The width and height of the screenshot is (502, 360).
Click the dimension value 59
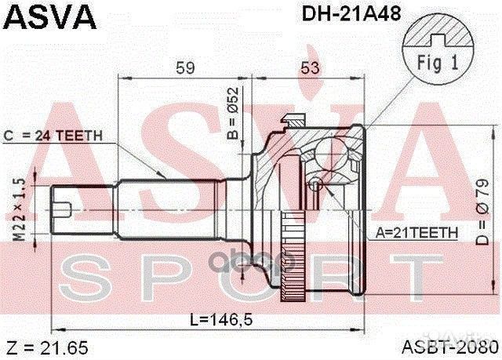point(184,68)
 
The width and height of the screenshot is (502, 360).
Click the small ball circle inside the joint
point(315,184)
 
